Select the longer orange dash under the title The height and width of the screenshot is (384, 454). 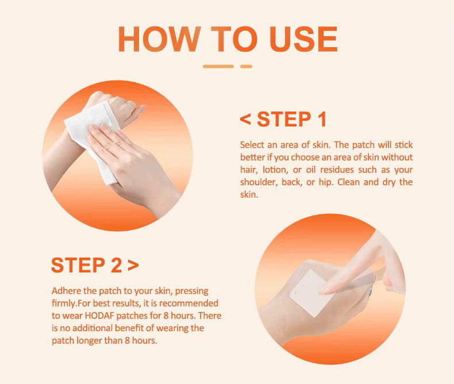(218, 67)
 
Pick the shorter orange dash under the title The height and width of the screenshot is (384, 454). (246, 67)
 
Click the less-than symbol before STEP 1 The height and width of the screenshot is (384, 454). (245, 120)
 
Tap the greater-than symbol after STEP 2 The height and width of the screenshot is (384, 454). (133, 265)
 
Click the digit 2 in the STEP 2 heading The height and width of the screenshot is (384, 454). (114, 265)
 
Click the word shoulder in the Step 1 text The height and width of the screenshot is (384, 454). (258, 183)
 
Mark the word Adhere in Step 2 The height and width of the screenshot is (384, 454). (66, 290)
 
